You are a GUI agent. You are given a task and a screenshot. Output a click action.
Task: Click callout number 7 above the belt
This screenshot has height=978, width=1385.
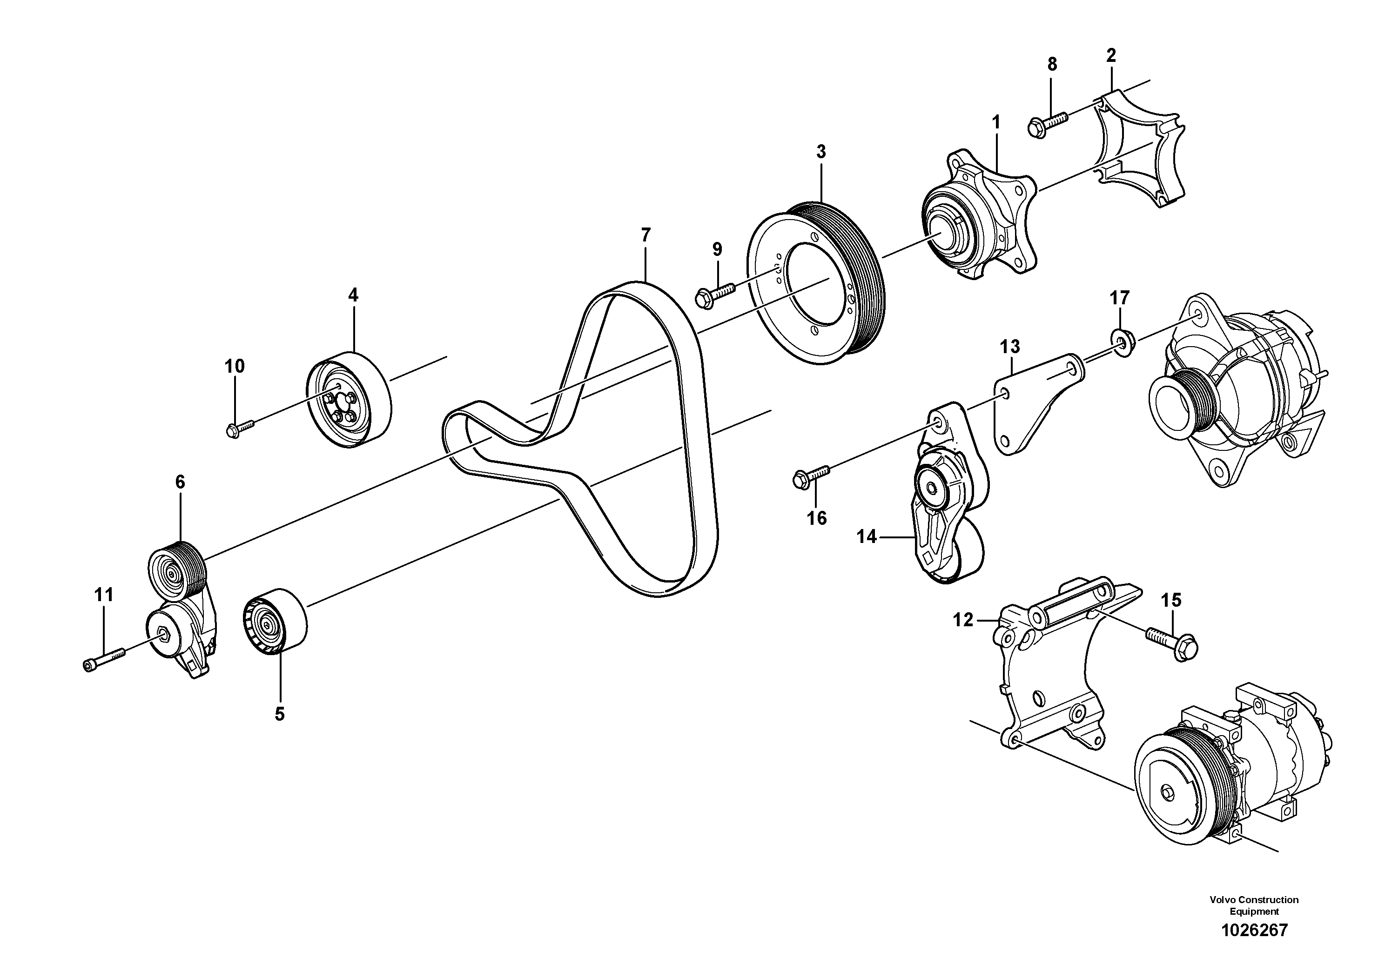[645, 234]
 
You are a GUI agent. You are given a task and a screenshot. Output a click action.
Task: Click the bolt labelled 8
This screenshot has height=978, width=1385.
[1047, 122]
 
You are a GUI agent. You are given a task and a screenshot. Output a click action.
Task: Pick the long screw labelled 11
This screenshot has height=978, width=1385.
[104, 658]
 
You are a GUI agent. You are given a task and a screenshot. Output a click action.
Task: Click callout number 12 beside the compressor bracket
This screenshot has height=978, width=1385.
[963, 619]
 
